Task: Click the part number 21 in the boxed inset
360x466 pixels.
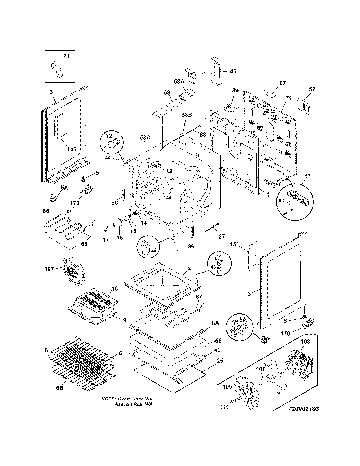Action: coord(66,56)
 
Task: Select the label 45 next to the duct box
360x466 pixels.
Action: coord(233,71)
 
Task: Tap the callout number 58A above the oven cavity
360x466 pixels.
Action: coord(145,138)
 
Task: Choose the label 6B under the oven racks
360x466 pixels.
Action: coord(60,388)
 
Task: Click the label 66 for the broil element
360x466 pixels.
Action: coord(46,211)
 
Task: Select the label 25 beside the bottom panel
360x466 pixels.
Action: coord(220,361)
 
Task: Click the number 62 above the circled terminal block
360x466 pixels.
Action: coord(307,176)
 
